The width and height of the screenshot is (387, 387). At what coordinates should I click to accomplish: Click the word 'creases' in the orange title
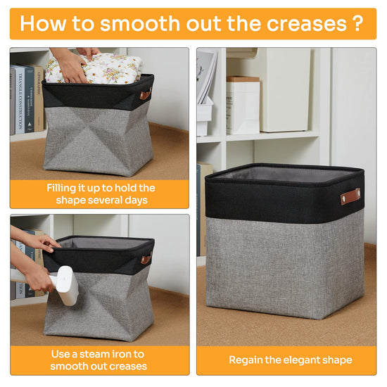pyautogui.click(x=307, y=24)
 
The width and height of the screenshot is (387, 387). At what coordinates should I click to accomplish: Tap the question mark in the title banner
pyautogui.click(x=357, y=23)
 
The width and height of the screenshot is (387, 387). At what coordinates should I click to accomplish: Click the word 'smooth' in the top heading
pyautogui.click(x=140, y=23)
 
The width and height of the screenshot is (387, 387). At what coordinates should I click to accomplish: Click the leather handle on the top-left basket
pyautogui.click(x=146, y=94)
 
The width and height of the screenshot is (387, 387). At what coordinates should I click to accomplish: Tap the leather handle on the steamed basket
pyautogui.click(x=146, y=258)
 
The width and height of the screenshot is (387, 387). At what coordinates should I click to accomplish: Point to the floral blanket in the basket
pyautogui.click(x=94, y=69)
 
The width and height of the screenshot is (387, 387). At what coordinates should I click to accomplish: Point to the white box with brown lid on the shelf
pyautogui.click(x=243, y=106)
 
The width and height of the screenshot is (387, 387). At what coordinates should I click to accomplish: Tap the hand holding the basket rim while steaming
pyautogui.click(x=47, y=243)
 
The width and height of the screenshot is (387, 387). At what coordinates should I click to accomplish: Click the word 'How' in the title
pyautogui.click(x=43, y=23)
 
